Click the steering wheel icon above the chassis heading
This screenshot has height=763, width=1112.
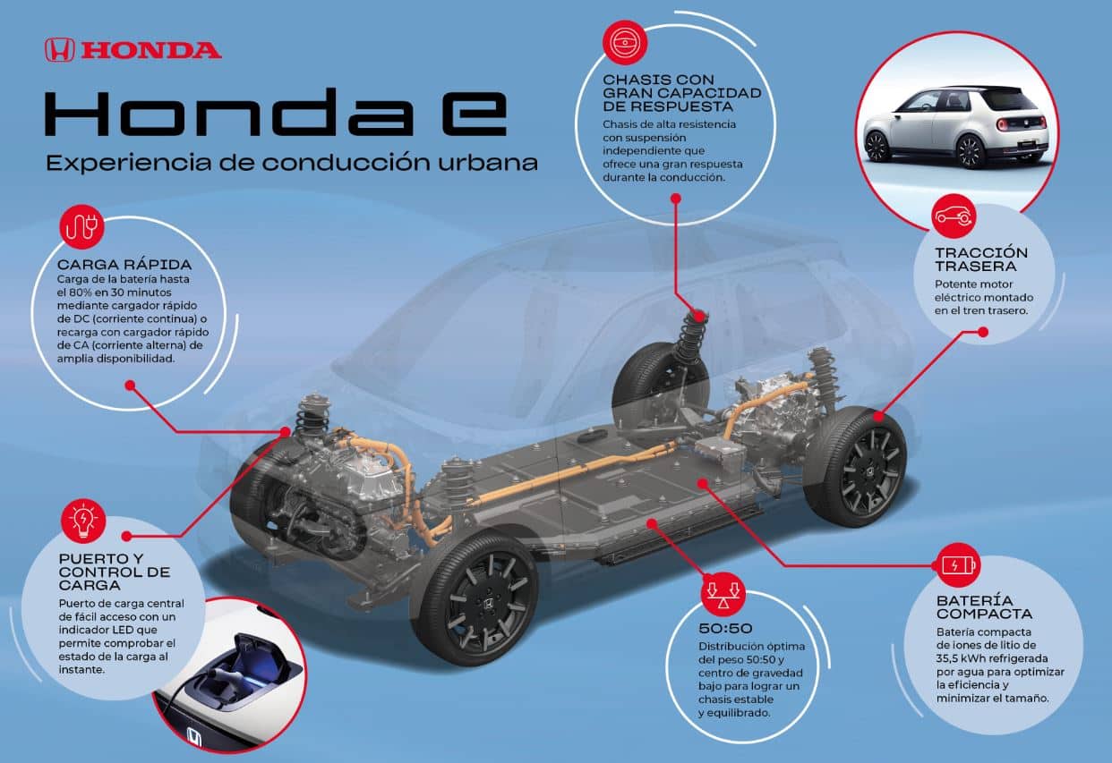625,42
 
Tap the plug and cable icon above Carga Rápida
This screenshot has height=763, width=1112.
81,226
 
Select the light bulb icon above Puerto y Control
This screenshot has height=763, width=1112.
83,521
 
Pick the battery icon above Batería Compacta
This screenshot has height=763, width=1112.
958,565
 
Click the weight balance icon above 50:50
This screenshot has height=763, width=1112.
723,594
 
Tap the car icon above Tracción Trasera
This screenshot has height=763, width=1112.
954,216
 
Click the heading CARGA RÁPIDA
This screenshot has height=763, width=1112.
124,265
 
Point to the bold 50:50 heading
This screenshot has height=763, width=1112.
725,628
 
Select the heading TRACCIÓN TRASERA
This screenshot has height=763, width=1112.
981,259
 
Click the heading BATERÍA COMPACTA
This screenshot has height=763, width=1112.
985,607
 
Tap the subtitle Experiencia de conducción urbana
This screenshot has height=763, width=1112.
292,163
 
